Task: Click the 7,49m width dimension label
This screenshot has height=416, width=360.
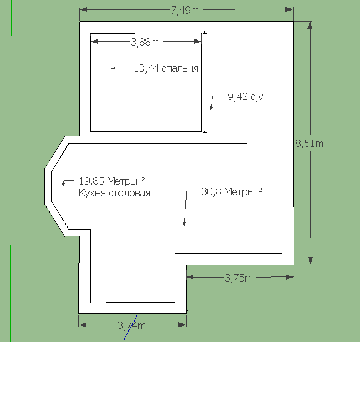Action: [185, 11]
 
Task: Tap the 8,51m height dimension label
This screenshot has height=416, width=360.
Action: [309, 143]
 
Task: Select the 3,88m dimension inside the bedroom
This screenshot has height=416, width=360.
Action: [145, 42]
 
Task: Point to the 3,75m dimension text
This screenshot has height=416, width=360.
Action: [239, 278]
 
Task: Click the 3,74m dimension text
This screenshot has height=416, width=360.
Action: [131, 325]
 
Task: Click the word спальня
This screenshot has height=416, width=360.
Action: [180, 69]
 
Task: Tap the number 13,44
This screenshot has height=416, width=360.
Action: [146, 68]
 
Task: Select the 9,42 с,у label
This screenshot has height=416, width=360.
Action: [245, 96]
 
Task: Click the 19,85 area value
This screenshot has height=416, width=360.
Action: [91, 181]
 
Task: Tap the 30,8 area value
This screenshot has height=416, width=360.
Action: [212, 191]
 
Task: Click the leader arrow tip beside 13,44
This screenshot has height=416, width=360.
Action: [112, 68]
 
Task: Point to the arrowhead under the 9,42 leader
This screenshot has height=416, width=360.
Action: [212, 109]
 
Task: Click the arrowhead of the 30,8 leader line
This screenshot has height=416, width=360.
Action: [184, 225]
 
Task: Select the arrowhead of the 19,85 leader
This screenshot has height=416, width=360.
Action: [63, 186]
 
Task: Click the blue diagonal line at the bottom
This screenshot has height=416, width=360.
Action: [130, 328]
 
